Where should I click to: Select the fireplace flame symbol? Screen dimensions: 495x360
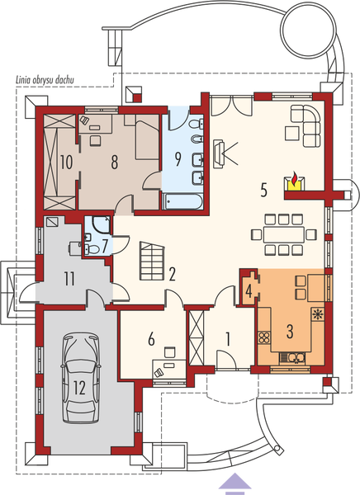[x=293, y=179]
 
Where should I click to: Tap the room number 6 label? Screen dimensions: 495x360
[x=151, y=337]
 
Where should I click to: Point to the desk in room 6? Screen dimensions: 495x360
[x=170, y=364]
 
